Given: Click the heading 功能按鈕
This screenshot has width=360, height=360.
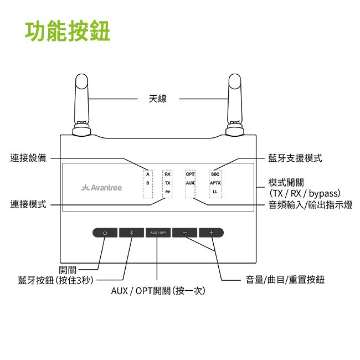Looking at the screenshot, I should tap(68, 32).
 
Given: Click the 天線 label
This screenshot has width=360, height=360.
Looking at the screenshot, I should tap(158, 99).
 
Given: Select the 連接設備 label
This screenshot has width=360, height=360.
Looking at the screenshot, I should tap(29, 158).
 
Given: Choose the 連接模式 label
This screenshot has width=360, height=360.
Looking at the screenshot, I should tap(29, 205).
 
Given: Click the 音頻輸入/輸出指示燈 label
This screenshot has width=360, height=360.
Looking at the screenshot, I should tap(310, 205).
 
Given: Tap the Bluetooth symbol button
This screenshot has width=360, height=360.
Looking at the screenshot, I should tap(131, 233).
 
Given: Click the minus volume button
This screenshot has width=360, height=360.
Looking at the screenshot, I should tap(184, 233).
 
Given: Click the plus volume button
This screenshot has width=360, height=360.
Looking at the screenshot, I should tap(211, 233).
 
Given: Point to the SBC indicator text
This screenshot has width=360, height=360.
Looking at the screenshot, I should tap(215, 174).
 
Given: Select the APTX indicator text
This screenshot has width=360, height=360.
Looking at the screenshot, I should tap(215, 183).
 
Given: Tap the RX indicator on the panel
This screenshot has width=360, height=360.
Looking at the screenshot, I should tap(167, 174).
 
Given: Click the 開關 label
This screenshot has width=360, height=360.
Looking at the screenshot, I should tap(68, 270).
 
